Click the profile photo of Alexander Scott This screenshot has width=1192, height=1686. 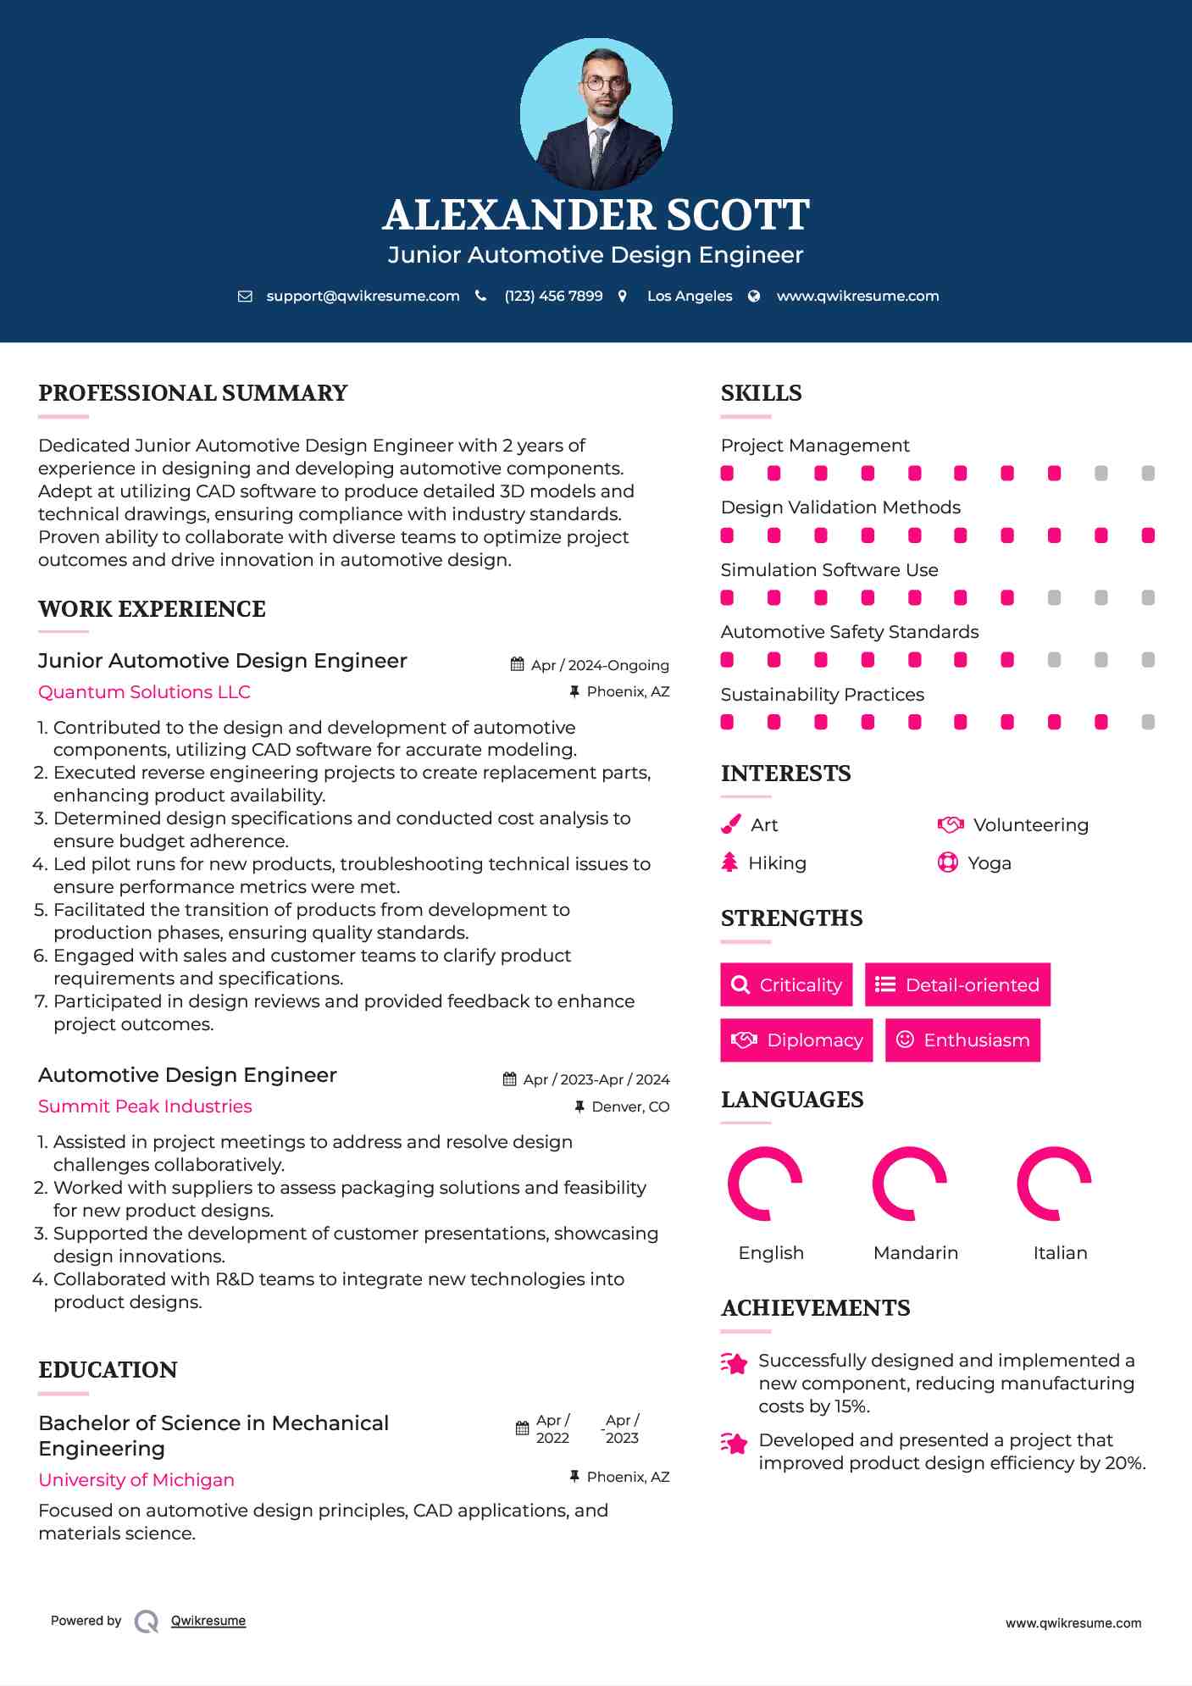click(x=596, y=114)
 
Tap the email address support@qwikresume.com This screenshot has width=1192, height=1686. click(x=363, y=296)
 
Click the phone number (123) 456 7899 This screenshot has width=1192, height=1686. click(x=553, y=296)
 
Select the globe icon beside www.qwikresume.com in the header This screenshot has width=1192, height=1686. click(x=754, y=296)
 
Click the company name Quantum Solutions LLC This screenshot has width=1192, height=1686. click(x=144, y=692)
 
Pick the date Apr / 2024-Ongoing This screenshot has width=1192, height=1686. click(x=600, y=665)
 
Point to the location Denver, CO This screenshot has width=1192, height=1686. click(x=630, y=1106)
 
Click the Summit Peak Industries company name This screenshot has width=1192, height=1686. click(x=145, y=1106)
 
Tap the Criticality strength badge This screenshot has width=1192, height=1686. click(x=786, y=984)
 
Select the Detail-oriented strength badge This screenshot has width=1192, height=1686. click(x=957, y=984)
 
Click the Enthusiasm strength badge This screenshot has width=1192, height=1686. click(x=962, y=1040)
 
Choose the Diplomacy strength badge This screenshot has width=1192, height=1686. click(x=796, y=1040)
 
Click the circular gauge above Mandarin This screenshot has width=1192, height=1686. click(x=910, y=1184)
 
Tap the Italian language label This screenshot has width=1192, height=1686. click(x=1060, y=1252)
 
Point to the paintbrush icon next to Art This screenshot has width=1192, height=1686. click(x=730, y=824)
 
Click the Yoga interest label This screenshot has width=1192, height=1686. click(x=989, y=863)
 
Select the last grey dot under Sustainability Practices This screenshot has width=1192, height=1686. click(x=1148, y=722)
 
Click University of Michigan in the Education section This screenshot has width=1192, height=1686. click(x=136, y=1480)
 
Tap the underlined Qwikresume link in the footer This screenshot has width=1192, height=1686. click(x=208, y=1621)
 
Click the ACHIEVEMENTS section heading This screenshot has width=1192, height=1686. click(x=815, y=1308)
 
